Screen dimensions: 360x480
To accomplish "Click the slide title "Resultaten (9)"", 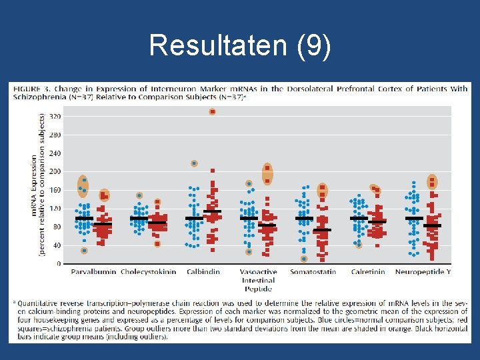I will pyautogui.click(x=239, y=46).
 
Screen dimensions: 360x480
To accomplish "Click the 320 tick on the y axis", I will pyautogui.click(x=55, y=116).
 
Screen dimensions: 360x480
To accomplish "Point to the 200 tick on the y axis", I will pyautogui.click(x=55, y=171).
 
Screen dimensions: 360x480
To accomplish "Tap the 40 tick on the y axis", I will pyautogui.click(x=57, y=245).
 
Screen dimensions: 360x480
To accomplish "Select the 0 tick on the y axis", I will pyautogui.click(x=59, y=264).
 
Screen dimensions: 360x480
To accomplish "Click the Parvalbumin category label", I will pyautogui.click(x=92, y=272).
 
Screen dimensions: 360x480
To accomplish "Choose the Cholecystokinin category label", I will pyautogui.click(x=148, y=272).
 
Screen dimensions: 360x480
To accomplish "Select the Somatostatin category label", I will pyautogui.click(x=313, y=272).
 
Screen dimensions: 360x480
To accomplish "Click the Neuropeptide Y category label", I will pyautogui.click(x=423, y=272).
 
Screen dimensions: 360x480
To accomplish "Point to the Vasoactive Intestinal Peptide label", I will pyautogui.click(x=257, y=280).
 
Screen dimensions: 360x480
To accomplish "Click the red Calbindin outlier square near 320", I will pyautogui.click(x=213, y=111).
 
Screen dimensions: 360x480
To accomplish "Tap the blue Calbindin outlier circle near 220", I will pyautogui.click(x=194, y=163).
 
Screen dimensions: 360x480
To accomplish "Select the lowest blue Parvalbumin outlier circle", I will pyautogui.click(x=85, y=251).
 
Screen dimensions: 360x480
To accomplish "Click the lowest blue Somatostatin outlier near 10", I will pyautogui.click(x=304, y=259).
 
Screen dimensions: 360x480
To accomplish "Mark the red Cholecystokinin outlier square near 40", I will pyautogui.click(x=157, y=244).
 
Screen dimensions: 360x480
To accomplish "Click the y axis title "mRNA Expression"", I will pyautogui.click(x=35, y=185).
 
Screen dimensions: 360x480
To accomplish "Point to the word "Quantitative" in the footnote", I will pyautogui.click(x=39, y=303).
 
